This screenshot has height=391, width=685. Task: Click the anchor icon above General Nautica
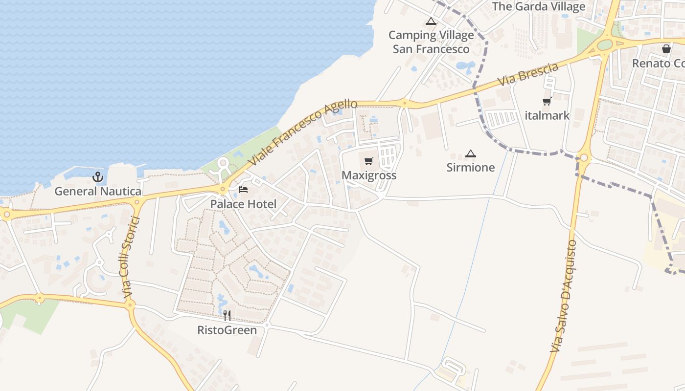tap(98, 177)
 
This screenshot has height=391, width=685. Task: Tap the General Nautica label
tap(98, 191)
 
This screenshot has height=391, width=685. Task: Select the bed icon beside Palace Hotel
tap(243, 190)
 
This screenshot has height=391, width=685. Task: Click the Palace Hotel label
tap(243, 204)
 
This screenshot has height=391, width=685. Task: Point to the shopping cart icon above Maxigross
tap(369, 161)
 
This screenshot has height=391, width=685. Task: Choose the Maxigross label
tap(369, 175)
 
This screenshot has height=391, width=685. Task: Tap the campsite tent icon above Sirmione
tap(471, 154)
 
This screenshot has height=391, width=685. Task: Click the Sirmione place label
tap(471, 168)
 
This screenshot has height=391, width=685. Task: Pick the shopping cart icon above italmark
tap(547, 102)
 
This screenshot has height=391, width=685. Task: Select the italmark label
tap(547, 116)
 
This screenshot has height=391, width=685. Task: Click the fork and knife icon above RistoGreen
tap(227, 316)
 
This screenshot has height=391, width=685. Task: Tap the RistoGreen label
tap(227, 330)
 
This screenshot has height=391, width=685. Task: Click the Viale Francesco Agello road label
tap(302, 132)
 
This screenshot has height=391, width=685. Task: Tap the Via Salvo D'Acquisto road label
tap(564, 296)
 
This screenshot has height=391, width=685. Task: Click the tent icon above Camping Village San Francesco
tap(431, 21)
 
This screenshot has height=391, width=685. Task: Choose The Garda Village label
tap(539, 6)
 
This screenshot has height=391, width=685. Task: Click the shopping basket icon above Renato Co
tap(666, 49)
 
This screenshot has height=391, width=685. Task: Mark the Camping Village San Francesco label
tap(431, 42)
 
